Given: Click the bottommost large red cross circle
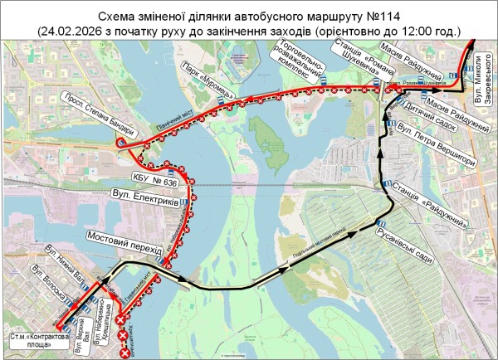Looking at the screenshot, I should coord(126,354).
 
